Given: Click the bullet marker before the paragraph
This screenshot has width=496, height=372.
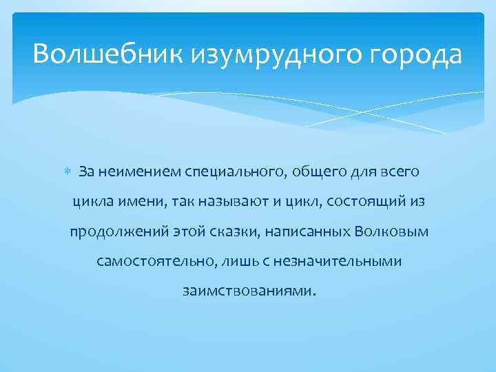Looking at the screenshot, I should (67, 171).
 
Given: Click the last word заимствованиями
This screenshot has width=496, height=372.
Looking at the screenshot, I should (250, 291).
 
